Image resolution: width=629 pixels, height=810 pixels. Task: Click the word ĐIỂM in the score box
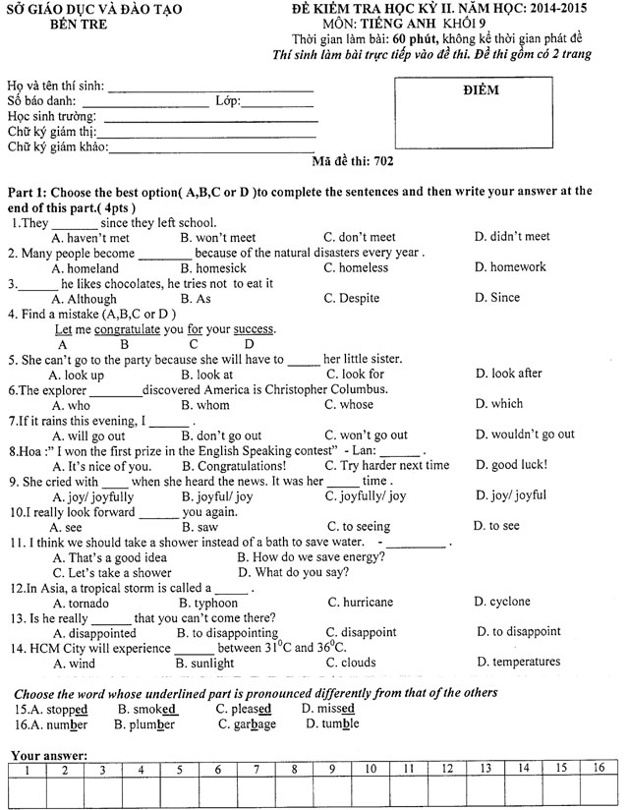click(480, 90)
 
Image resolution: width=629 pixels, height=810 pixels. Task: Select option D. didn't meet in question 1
click(512, 237)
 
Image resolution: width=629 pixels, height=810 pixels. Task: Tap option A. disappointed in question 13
click(94, 633)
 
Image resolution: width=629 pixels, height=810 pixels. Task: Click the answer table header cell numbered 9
click(332, 769)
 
